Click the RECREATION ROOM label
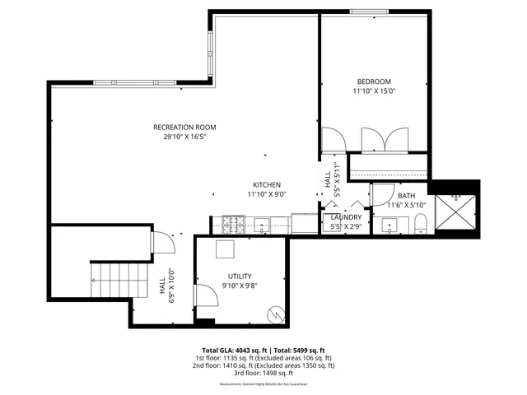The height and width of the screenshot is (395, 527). (x=184, y=127)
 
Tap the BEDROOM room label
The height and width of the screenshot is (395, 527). (x=373, y=81)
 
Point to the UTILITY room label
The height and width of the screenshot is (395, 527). (x=240, y=276)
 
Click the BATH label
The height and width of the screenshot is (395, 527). (x=407, y=195)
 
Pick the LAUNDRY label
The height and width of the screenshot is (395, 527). (x=347, y=217)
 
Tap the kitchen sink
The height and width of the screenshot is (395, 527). (x=262, y=223)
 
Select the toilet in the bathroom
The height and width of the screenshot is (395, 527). (x=419, y=223)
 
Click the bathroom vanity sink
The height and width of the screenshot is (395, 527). (x=386, y=223)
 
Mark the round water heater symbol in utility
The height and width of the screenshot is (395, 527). (x=275, y=314)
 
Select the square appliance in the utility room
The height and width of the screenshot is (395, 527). (x=225, y=250)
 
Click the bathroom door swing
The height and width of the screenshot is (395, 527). (x=381, y=194)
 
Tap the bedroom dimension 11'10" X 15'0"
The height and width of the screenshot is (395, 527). (x=373, y=92)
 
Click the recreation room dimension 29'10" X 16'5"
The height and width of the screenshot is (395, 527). (x=184, y=137)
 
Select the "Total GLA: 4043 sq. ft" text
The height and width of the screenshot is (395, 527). (x=234, y=350)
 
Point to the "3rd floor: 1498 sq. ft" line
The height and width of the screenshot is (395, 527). (x=263, y=373)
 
